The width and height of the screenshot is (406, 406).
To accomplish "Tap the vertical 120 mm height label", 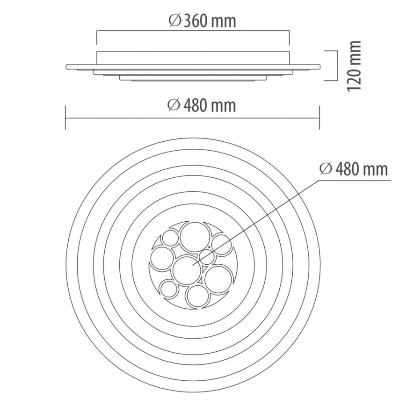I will pos(355,65).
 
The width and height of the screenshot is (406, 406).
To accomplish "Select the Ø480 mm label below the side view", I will pos(202,105).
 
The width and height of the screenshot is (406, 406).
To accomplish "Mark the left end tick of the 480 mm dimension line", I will pos(65,118).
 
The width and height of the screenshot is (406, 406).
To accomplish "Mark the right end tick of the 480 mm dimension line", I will pos(319,118).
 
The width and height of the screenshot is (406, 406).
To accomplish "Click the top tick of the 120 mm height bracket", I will pos(331,51).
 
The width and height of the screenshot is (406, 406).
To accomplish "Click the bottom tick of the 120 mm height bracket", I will pos(331,80).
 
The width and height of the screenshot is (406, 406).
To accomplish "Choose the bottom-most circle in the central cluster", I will pos(197,296).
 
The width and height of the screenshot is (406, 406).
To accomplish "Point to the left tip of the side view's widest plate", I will pos(66,66).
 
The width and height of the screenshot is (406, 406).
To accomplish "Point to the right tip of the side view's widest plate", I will pos(320,66).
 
